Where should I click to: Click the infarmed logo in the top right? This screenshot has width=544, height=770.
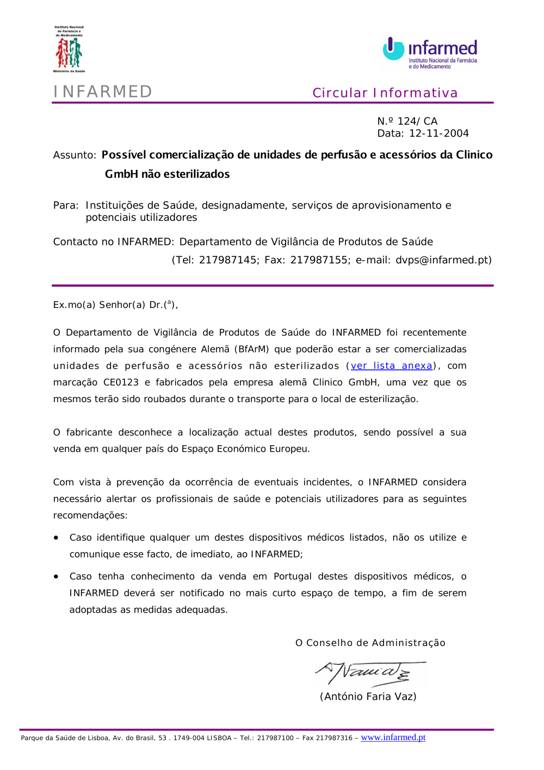click(430, 53)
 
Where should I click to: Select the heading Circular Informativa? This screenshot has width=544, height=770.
click(385, 93)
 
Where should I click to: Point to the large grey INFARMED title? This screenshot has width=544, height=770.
click(103, 91)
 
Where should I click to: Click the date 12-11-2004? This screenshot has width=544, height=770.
click(438, 133)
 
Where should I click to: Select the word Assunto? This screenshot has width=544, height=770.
click(74, 155)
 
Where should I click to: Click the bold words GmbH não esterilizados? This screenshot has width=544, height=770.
click(167, 174)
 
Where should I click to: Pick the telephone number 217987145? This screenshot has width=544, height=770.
click(227, 260)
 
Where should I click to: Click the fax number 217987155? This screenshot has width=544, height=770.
click(319, 260)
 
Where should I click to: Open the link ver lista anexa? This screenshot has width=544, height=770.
click(391, 366)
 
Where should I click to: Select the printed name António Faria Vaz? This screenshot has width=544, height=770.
click(368, 697)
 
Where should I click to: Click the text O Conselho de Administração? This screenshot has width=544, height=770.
click(370, 643)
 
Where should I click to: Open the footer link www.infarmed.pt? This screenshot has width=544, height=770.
click(393, 737)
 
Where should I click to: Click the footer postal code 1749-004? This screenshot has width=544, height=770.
click(189, 738)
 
